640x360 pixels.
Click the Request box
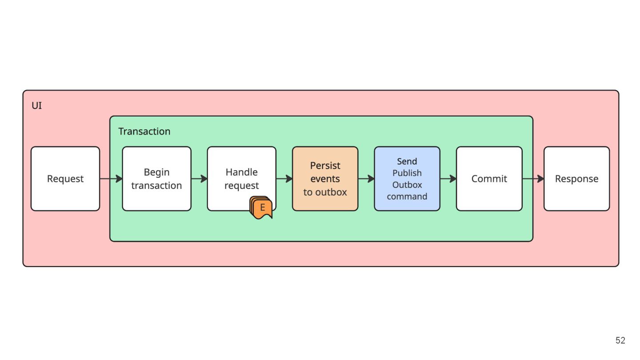click(65, 179)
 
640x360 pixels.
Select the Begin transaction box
click(156, 179)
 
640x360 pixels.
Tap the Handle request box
click(242, 179)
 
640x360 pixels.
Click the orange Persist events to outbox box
click(325, 179)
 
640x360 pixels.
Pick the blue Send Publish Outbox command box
click(407, 179)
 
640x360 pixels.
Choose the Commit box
click(489, 179)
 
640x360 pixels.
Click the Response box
click(576, 179)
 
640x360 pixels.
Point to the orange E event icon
click(261, 208)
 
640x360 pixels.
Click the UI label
click(36, 106)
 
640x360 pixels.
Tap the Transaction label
click(144, 132)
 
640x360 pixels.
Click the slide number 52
click(620, 340)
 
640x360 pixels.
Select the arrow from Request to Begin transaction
click(111, 179)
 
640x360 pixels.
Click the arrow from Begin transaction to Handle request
click(199, 179)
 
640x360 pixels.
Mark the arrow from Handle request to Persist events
click(284, 179)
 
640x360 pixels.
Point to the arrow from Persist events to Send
click(366, 179)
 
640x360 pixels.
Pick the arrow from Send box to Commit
click(448, 179)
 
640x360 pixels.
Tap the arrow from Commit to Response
click(533, 179)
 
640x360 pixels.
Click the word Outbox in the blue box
click(407, 185)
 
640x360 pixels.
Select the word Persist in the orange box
click(325, 165)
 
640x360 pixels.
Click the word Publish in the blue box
click(407, 173)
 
